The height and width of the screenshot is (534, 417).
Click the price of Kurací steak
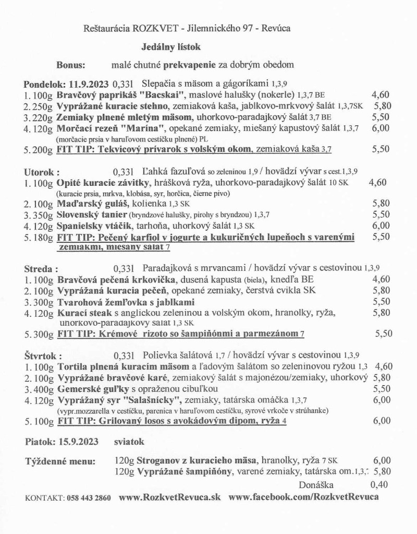[x=382, y=313]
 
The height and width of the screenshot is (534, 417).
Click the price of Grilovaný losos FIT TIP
[x=382, y=422]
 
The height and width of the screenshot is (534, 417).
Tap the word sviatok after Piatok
[x=129, y=442]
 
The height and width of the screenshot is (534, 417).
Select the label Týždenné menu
[x=60, y=461]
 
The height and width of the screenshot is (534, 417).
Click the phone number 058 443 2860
[x=89, y=498]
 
